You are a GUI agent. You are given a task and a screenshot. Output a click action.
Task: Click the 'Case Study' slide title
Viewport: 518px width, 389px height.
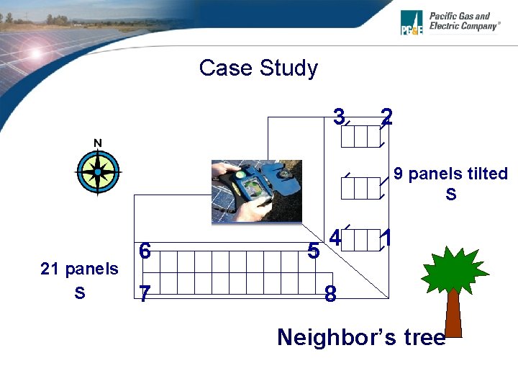258,68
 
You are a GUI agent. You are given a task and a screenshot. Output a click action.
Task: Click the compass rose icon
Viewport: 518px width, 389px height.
97,172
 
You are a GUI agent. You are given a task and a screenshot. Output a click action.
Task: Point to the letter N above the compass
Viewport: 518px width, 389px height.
98,143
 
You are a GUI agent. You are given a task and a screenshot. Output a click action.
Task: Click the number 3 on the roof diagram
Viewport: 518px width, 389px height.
339,115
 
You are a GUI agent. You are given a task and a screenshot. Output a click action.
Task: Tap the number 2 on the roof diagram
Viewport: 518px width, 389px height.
387,115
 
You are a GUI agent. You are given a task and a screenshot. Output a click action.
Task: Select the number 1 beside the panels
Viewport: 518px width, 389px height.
387,236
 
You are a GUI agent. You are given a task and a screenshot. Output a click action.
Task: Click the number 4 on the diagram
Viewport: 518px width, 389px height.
335,236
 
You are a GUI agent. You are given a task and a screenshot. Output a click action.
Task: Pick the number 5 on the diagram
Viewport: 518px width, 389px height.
313,251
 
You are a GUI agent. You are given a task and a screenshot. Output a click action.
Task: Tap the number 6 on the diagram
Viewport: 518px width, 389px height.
145,251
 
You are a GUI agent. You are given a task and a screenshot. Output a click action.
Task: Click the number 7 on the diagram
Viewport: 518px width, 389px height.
145,294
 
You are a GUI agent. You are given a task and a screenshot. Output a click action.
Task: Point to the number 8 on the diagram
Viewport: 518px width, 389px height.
330,294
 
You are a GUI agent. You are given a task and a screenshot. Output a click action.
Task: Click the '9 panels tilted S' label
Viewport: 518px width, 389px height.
450,184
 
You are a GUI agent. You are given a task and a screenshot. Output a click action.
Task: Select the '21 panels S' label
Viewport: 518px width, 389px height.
79,280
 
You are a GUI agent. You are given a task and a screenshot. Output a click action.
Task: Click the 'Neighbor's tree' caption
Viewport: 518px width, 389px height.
361,337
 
